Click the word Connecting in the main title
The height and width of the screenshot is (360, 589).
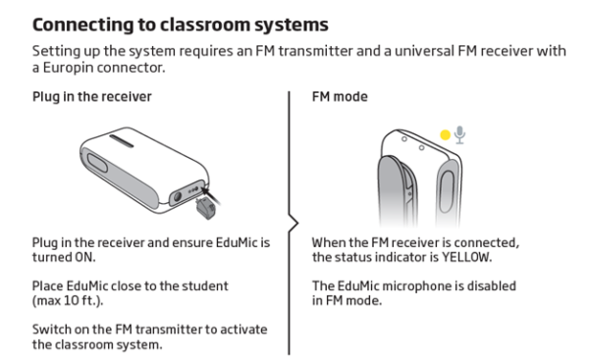pos(83,26)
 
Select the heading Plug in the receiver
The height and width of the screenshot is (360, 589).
pos(92,97)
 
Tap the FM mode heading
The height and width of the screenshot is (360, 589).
pos(340,97)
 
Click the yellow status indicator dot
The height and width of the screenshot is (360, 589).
pos(445,134)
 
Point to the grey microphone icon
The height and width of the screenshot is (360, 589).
pos(459,135)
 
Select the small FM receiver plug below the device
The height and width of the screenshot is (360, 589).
pos(205,209)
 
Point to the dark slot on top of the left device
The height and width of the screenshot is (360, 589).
pos(122,141)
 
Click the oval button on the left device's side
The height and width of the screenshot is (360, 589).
pos(97,163)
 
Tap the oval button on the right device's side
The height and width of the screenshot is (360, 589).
pos(446,191)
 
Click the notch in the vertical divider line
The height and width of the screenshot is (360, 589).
pos(296,224)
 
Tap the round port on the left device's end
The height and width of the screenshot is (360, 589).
pos(177,196)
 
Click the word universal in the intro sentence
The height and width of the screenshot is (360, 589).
pos(424,51)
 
